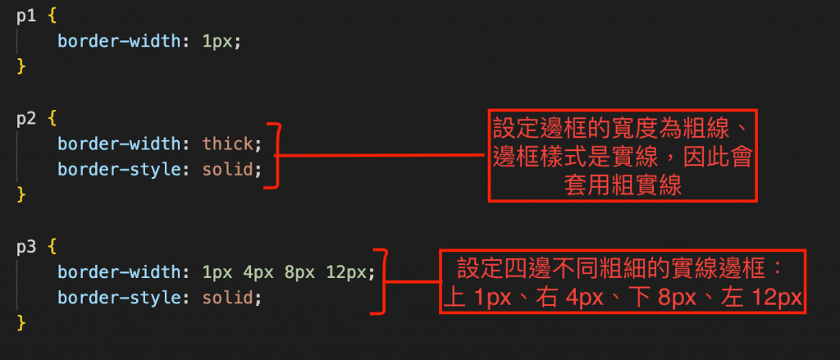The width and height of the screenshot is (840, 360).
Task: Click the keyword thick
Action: tap(229, 144)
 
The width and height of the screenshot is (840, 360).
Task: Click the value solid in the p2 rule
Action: tap(229, 170)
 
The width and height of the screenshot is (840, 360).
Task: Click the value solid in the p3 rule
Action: tap(229, 296)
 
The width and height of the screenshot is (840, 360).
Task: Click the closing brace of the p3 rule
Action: tap(21, 321)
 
